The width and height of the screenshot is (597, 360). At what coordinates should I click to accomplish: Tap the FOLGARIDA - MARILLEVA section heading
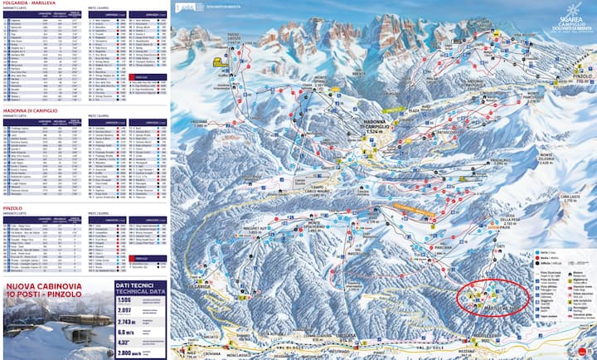tap(30, 4)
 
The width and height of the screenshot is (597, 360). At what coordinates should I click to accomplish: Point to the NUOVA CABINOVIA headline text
tap(43, 312)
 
